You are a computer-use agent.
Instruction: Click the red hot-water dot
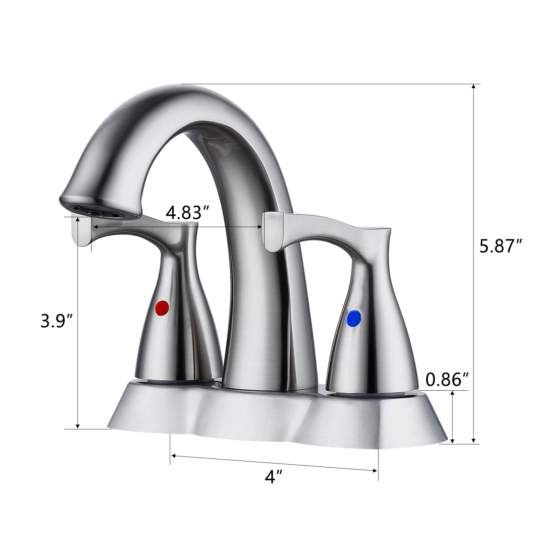[x=162, y=308]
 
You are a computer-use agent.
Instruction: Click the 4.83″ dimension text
[x=187, y=213]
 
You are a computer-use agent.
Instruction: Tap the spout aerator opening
[x=99, y=211]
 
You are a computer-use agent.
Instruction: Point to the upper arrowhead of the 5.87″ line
[x=473, y=87]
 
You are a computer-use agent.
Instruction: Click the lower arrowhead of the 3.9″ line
[x=78, y=426]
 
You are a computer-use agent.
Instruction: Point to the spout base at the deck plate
[x=269, y=388]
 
